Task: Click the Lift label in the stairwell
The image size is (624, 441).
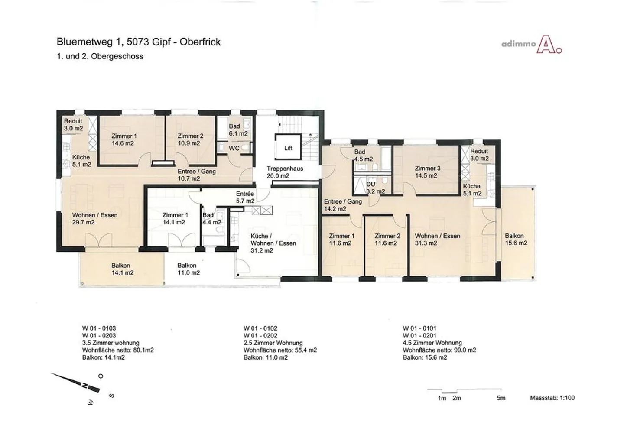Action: coord(288,148)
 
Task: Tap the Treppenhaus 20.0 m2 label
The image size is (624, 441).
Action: coord(285,172)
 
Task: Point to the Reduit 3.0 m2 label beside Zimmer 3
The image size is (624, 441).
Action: coord(479,155)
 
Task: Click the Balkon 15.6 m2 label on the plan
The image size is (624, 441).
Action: coord(516,240)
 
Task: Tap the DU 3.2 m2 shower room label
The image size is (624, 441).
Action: coord(375,188)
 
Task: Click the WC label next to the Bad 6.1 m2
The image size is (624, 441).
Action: coord(234,149)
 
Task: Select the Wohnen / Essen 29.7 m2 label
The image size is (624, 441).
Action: coord(95,219)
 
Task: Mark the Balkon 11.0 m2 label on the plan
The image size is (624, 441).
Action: coord(188,269)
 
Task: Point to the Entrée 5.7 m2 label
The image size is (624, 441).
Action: coord(245,198)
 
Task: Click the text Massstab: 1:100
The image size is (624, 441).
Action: coord(552,398)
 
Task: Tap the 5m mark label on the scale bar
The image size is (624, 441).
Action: coord(501,398)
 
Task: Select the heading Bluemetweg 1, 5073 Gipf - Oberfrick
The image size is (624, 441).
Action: coord(139,42)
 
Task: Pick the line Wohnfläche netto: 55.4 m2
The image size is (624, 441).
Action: coord(280,350)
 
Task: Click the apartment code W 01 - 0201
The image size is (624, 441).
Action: coord(419,335)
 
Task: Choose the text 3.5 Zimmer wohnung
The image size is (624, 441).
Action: coord(110,343)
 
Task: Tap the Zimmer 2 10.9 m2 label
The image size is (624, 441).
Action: coord(190,140)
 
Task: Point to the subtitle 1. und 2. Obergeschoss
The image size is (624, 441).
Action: coord(100,56)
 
